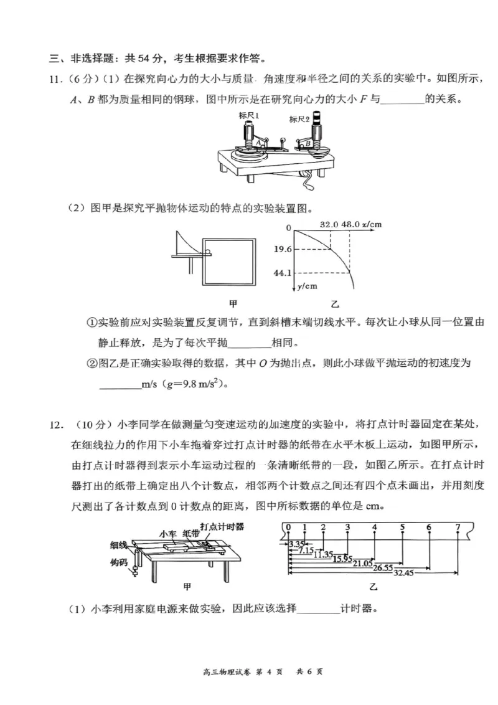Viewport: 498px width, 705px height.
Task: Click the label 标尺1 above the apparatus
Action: [x=250, y=116]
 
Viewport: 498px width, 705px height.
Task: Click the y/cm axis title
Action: [x=305, y=286]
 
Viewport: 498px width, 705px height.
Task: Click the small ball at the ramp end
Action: [x=208, y=252]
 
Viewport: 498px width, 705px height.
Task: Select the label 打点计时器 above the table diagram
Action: [x=222, y=526]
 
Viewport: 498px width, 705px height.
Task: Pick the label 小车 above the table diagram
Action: [x=168, y=534]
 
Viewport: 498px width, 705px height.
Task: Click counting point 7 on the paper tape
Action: [x=458, y=528]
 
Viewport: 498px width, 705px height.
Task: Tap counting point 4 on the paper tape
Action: [x=374, y=528]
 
